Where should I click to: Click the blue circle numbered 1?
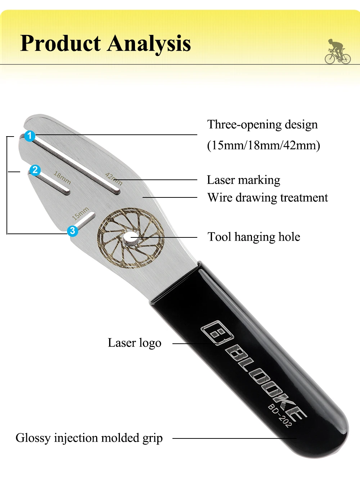click(30, 136)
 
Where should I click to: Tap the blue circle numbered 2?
click(35, 170)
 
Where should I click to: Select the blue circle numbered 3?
click(73, 231)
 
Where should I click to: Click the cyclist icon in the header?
click(337, 52)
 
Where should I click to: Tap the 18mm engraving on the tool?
click(62, 178)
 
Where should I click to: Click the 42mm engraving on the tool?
click(114, 179)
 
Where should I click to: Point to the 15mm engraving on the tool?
click(80, 213)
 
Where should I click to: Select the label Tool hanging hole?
click(254, 237)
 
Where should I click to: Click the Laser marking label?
click(243, 180)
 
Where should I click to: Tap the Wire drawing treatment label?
click(267, 198)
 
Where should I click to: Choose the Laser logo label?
click(134, 343)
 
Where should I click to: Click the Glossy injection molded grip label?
click(89, 438)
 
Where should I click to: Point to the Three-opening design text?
click(262, 125)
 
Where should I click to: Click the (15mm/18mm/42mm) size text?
click(264, 145)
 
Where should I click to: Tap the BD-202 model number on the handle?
click(280, 415)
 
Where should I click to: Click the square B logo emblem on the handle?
click(217, 333)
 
